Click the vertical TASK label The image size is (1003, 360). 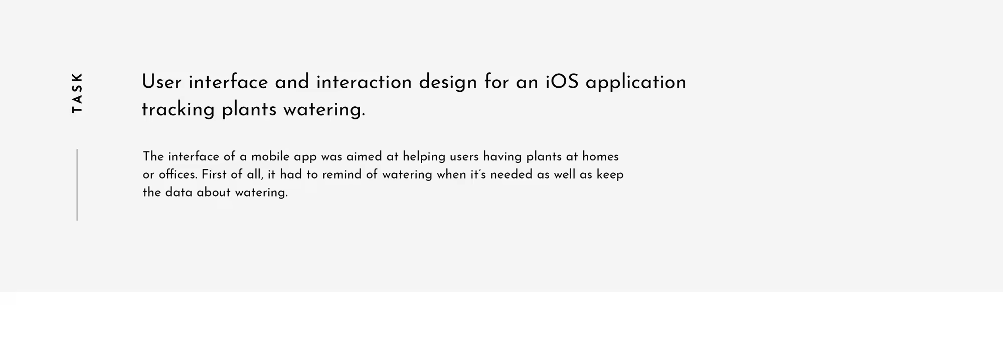(77, 93)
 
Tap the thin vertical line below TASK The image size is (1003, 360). (77, 185)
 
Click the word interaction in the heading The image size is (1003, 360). (364, 82)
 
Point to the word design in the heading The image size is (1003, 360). (448, 83)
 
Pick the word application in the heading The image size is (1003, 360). (635, 83)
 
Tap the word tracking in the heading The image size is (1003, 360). (178, 110)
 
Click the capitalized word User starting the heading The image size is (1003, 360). (161, 82)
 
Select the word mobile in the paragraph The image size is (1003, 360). (270, 156)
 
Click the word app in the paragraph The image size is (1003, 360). (305, 158)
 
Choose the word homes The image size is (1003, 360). (600, 156)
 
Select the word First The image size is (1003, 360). (214, 174)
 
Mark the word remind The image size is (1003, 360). (342, 174)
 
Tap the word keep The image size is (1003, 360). (610, 175)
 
